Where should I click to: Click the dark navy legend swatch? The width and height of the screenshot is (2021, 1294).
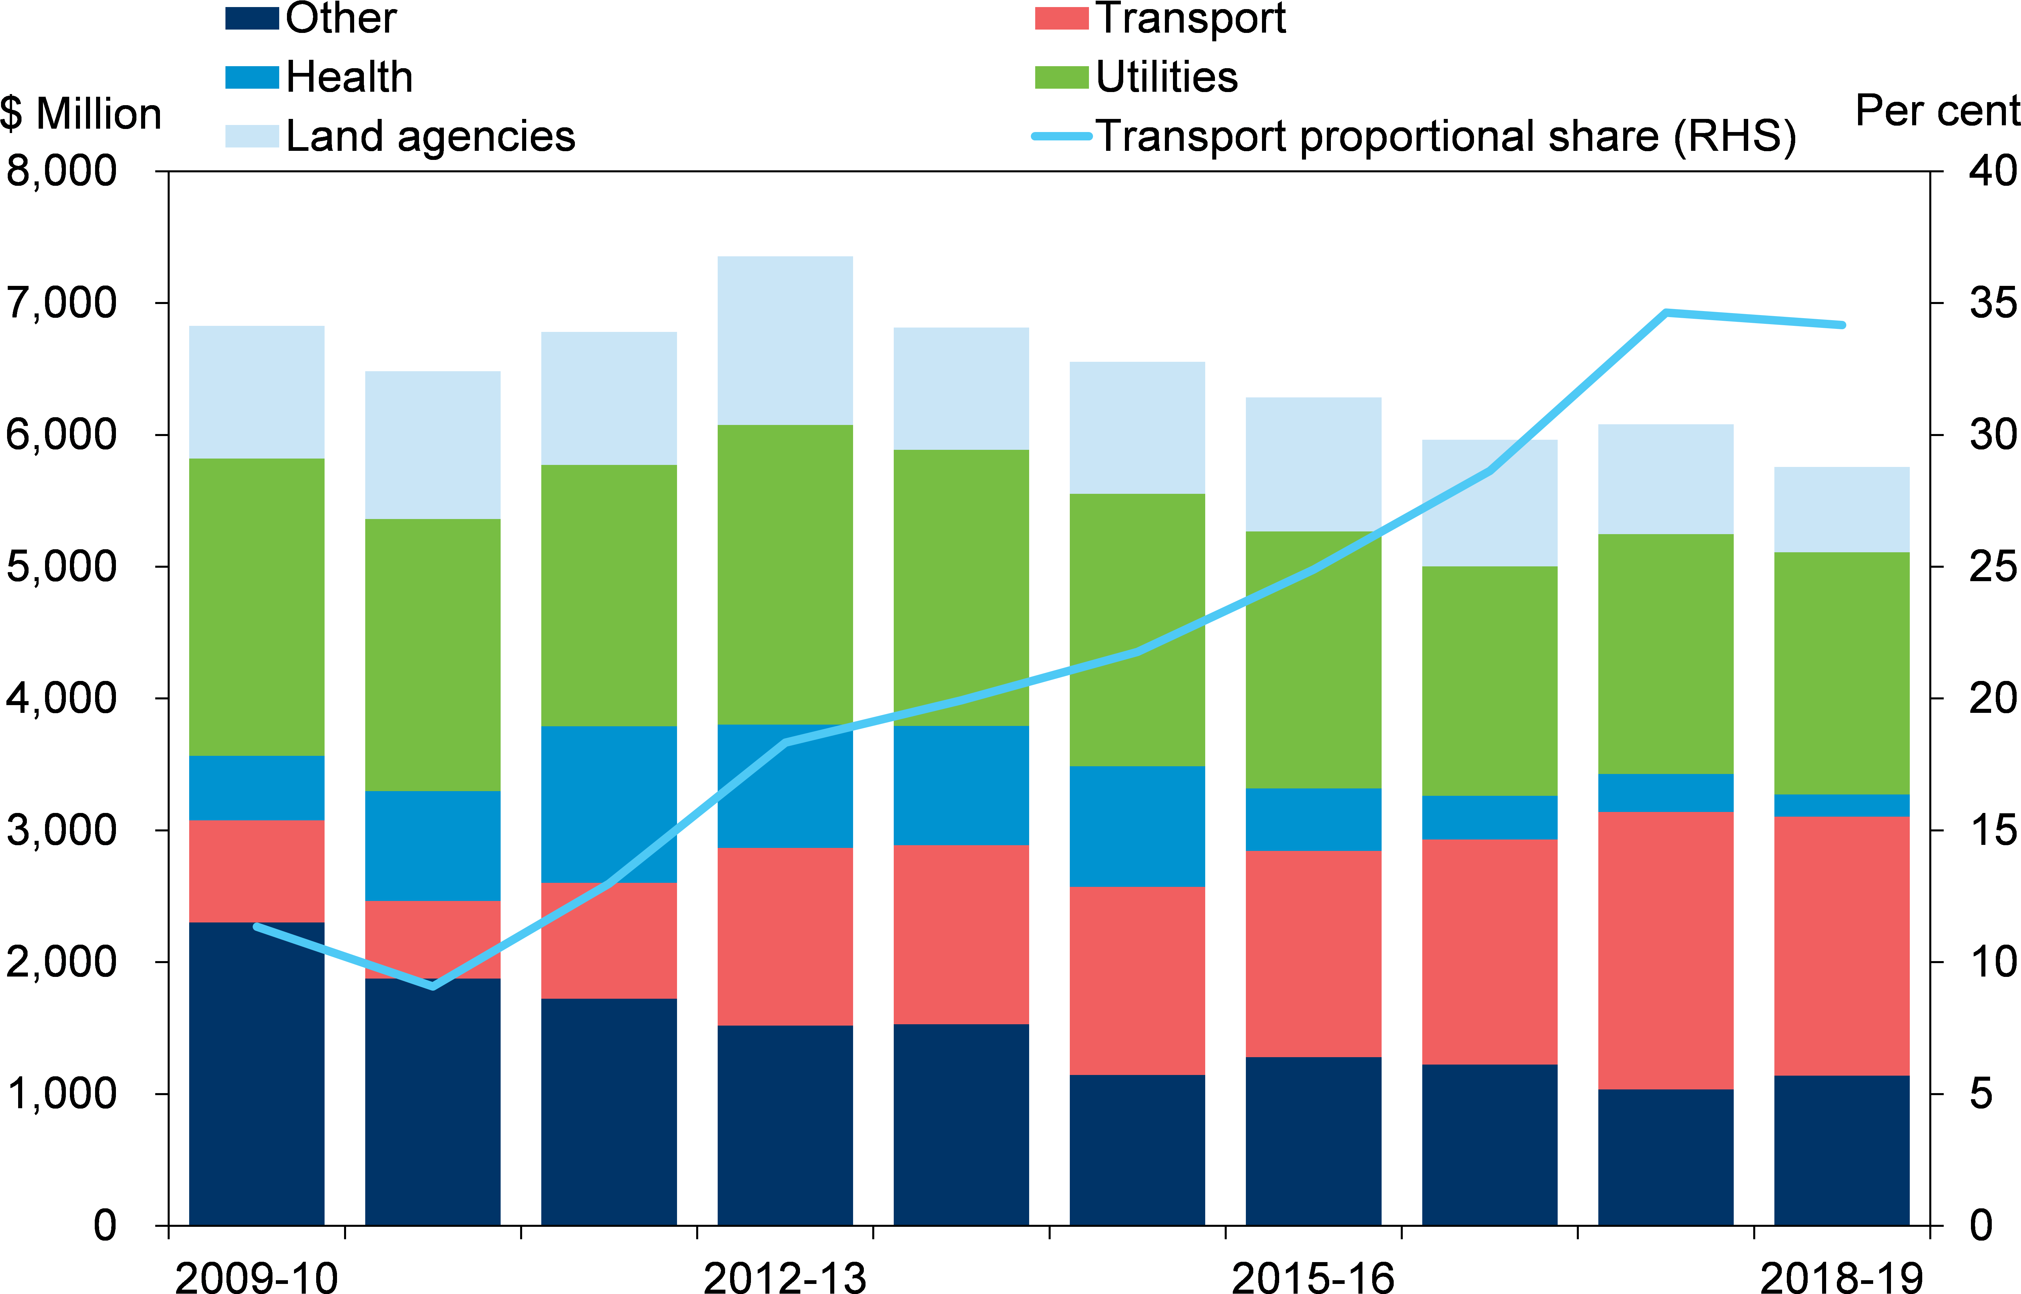click(252, 18)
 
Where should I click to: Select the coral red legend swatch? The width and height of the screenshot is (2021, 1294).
click(1061, 18)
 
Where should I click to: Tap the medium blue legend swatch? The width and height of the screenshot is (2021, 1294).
click(252, 77)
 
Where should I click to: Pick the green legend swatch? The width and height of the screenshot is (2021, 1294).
click(1061, 77)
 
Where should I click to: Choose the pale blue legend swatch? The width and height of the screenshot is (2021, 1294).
click(252, 136)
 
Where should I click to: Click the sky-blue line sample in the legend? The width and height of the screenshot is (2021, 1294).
click(1061, 136)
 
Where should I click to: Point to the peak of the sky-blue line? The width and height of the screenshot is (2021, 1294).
click(1666, 312)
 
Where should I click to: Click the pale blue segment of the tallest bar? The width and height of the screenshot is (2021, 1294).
click(785, 340)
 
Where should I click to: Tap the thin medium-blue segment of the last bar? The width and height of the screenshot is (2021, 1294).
click(1841, 805)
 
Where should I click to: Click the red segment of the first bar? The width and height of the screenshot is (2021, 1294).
click(256, 870)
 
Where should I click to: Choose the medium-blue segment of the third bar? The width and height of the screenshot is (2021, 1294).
click(608, 804)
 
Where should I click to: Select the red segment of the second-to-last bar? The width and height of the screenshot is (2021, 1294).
click(1666, 950)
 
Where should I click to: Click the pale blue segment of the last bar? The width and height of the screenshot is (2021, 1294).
click(1841, 509)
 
